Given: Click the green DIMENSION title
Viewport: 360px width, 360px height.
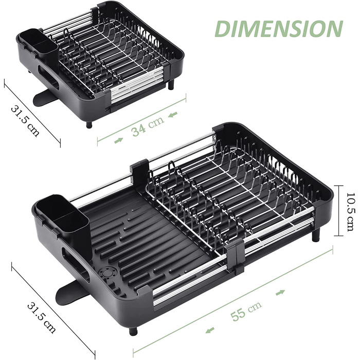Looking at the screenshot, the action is [279, 29].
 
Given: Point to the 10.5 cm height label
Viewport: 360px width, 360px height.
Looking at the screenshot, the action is [351, 212].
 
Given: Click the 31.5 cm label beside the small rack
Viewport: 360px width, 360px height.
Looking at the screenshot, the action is [25, 121].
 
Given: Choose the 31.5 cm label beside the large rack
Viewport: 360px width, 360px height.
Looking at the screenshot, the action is [41, 318].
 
